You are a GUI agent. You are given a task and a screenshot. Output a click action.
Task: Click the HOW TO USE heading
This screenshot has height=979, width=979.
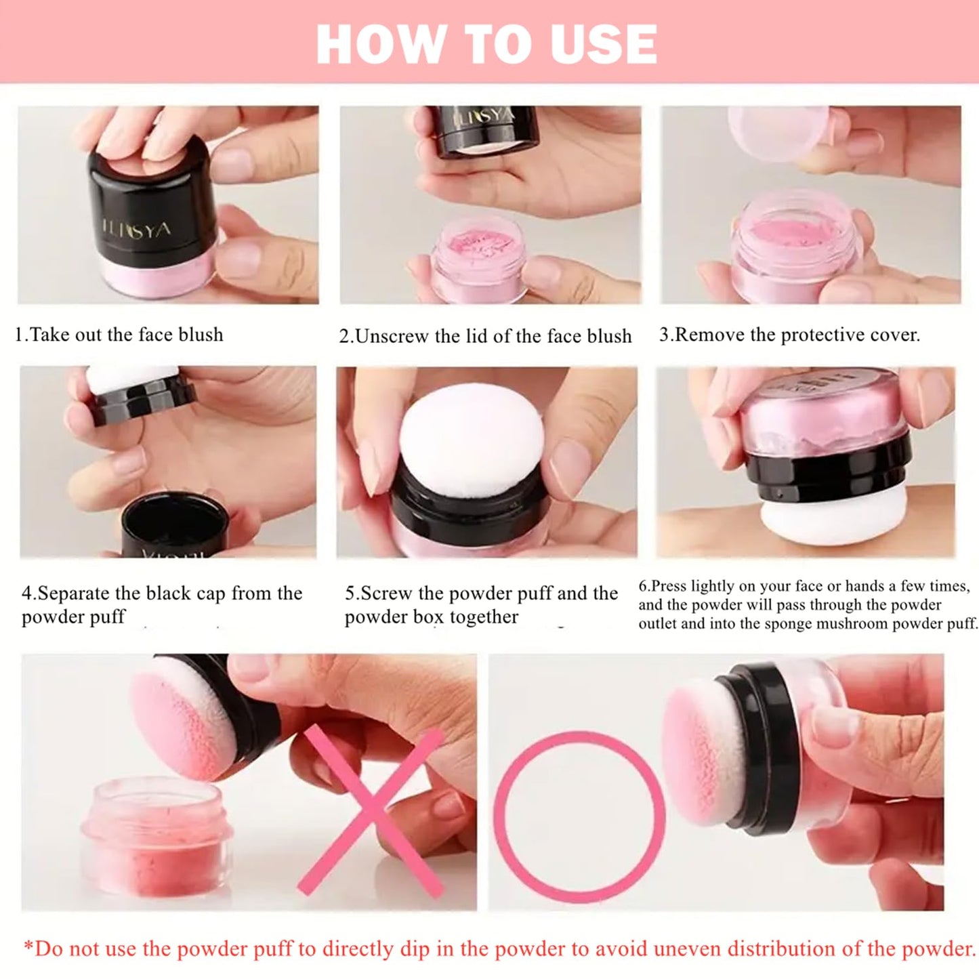pyautogui.click(x=486, y=44)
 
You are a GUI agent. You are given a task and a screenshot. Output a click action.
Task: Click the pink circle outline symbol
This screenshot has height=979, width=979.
pyautogui.click(x=579, y=814)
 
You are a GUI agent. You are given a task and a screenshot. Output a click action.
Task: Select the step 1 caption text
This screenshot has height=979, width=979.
pyautogui.click(x=119, y=335)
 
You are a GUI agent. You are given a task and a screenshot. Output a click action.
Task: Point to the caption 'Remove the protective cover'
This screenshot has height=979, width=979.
pyautogui.click(x=790, y=335)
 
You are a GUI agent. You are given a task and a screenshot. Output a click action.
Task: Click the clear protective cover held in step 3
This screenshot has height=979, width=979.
pyautogui.click(x=778, y=132)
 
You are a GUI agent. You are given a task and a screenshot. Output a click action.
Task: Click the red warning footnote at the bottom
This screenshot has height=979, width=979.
pyautogui.click(x=499, y=949)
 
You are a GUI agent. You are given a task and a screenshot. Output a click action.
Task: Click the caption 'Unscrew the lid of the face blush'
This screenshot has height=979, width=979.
pyautogui.click(x=485, y=336)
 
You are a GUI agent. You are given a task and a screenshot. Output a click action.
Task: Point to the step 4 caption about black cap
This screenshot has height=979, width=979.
pyautogui.click(x=161, y=604)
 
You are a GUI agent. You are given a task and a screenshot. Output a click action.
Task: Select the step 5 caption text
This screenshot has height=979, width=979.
pyautogui.click(x=481, y=604)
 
